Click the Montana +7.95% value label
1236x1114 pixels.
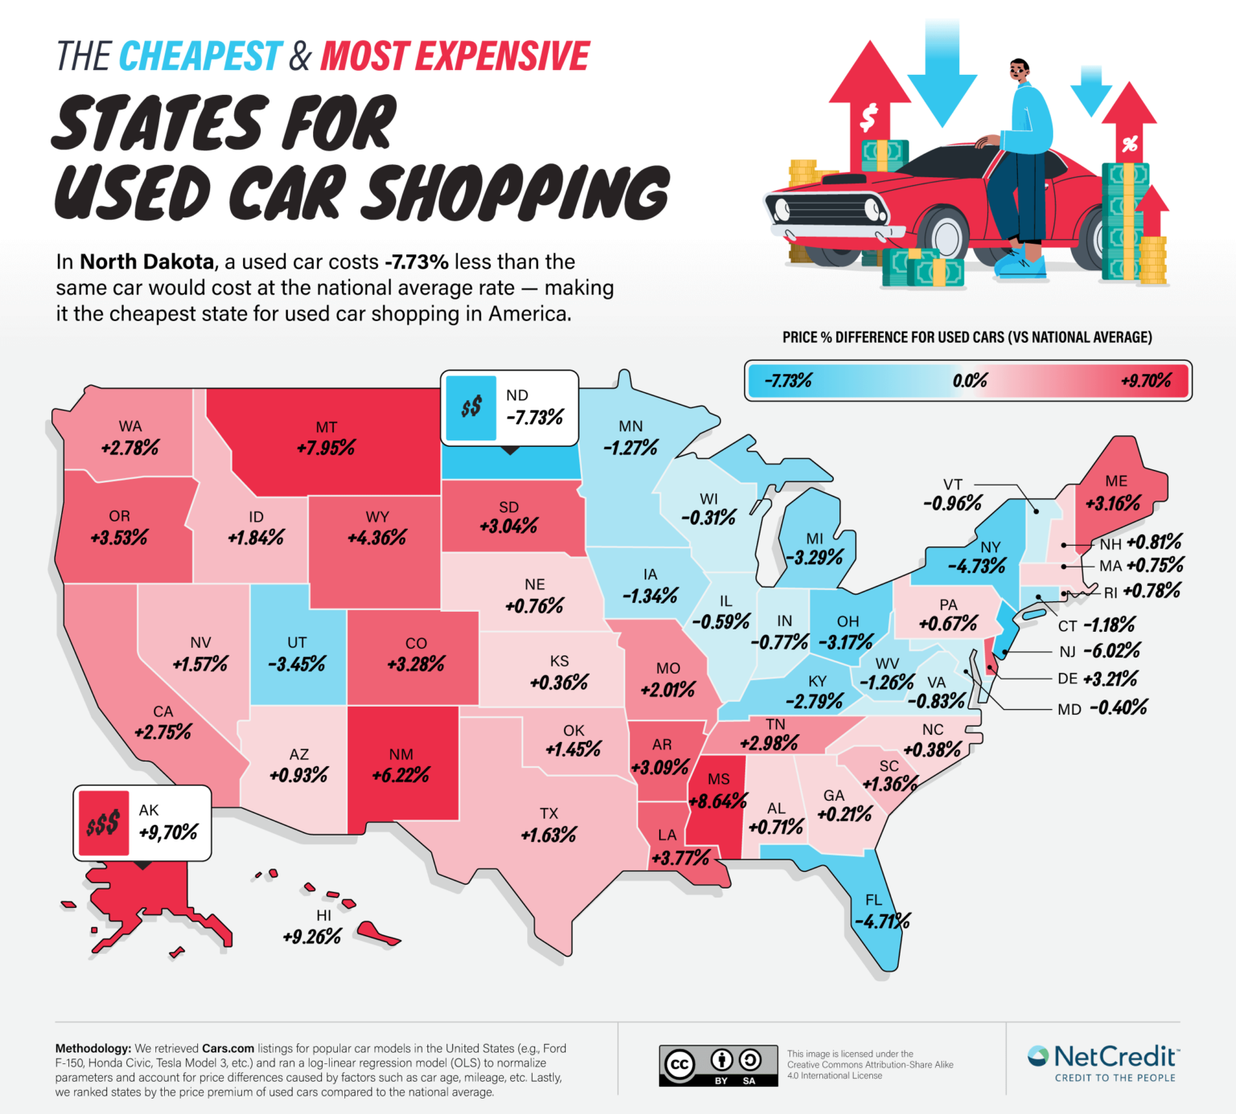(326, 448)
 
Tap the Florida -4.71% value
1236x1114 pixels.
(882, 922)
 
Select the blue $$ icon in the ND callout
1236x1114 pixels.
(471, 407)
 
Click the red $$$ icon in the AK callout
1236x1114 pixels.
(103, 823)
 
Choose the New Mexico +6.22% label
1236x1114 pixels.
(401, 775)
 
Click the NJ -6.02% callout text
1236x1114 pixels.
(1111, 651)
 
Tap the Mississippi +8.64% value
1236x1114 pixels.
(718, 802)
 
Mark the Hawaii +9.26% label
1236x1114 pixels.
(312, 937)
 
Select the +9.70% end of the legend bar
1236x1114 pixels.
(1146, 381)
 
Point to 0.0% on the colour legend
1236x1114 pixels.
(970, 381)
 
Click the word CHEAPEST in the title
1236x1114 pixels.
(201, 56)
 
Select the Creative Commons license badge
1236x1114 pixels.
(718, 1066)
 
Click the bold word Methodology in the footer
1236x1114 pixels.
(93, 1048)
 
